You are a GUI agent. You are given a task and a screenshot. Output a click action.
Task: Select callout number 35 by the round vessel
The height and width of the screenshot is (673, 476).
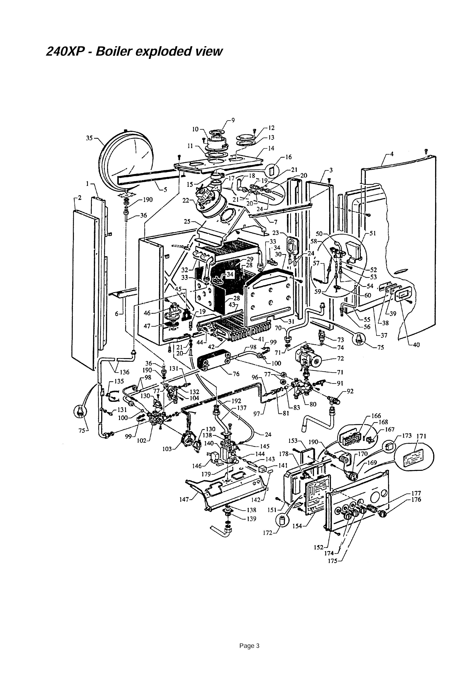[x=89, y=138]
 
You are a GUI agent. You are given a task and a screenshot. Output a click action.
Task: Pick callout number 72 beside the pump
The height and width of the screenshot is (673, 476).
[x=340, y=358]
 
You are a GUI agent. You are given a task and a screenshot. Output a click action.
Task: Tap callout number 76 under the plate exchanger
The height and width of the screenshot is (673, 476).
[x=236, y=374]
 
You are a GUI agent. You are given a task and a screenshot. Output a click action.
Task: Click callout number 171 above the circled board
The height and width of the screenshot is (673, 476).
[x=421, y=436]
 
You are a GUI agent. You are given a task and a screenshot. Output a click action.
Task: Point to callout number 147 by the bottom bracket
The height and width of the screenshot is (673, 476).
[x=184, y=499]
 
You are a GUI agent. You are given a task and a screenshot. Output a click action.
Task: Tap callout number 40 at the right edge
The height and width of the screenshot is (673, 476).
[x=416, y=345]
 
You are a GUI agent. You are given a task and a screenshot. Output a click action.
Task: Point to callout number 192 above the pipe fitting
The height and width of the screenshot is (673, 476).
[x=236, y=401]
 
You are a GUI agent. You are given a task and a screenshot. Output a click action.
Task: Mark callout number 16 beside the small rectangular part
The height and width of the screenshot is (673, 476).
[x=289, y=157]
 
